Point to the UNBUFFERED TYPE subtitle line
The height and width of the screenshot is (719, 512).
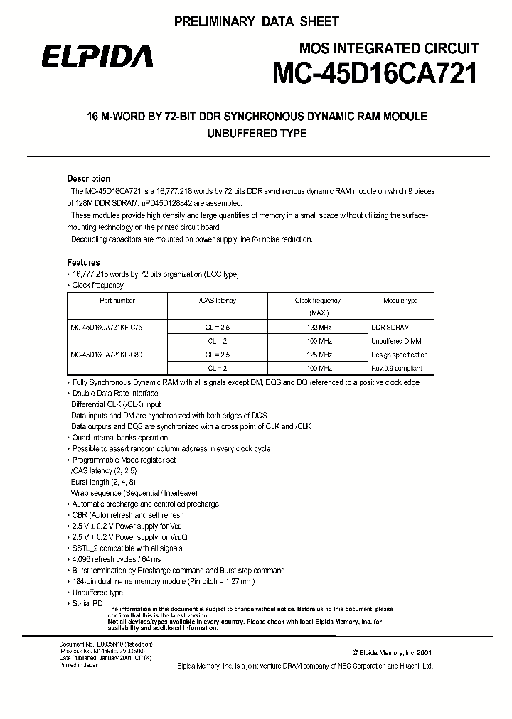point(256,134)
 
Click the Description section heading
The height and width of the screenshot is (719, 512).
point(88,179)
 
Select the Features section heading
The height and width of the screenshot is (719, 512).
point(83,263)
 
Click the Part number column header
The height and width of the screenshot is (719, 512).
point(117,301)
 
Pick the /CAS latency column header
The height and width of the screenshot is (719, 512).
point(217,301)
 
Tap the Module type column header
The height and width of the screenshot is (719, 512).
point(400,301)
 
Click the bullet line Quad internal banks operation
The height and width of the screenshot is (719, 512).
point(119,438)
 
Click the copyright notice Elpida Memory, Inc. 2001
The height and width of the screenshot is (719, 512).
point(391,652)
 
